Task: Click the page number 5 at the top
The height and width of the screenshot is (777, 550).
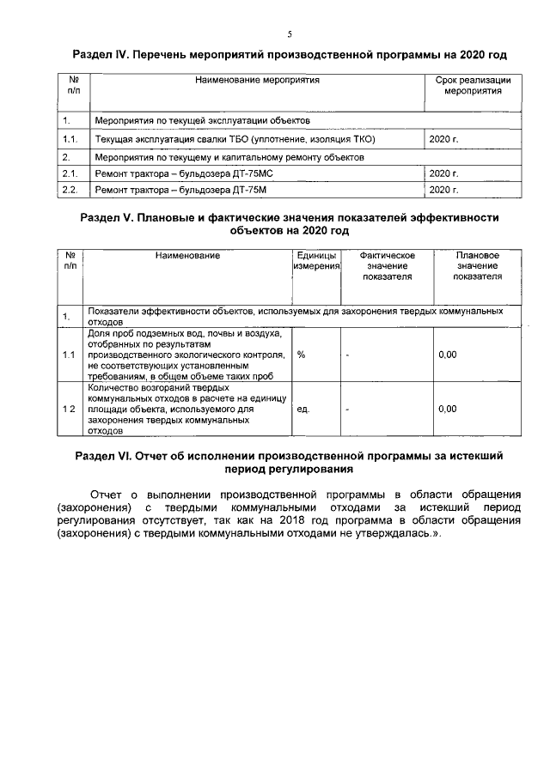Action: [290, 34]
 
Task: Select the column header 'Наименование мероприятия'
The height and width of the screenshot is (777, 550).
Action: [257, 80]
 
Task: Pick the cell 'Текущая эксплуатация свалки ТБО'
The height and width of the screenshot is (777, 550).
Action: [236, 138]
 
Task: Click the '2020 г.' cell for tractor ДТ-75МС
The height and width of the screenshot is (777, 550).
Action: [443, 173]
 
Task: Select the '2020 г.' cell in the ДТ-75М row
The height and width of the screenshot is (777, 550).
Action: [443, 189]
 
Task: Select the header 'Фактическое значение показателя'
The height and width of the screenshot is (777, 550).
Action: [387, 267]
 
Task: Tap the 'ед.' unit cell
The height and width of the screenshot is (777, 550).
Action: [303, 409]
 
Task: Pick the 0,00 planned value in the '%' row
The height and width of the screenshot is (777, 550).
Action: [447, 355]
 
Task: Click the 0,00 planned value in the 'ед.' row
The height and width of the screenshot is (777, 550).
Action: [447, 409]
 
